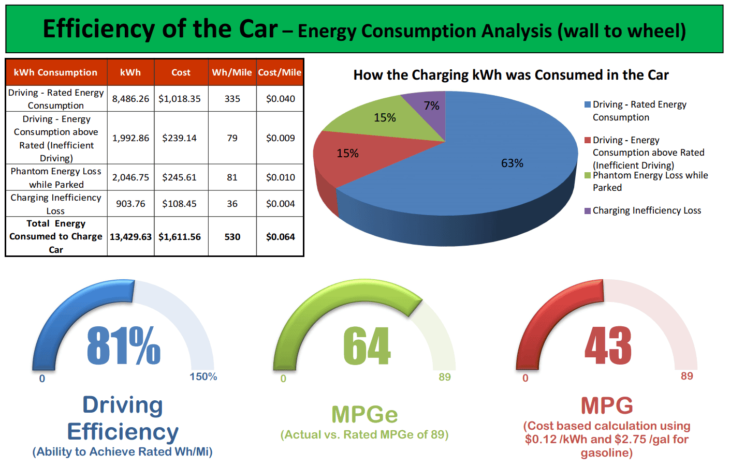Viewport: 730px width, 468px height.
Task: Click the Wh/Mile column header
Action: tap(232, 72)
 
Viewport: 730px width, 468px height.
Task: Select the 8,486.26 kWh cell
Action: tap(130, 99)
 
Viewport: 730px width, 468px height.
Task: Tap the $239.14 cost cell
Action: tap(179, 138)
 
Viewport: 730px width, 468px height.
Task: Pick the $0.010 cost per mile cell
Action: tap(280, 177)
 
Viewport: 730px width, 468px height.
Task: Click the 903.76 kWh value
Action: tap(130, 204)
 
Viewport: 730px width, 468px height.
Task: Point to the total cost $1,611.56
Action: tap(179, 237)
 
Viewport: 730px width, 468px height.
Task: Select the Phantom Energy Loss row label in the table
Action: tap(56, 178)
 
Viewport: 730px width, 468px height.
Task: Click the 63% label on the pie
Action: tap(512, 163)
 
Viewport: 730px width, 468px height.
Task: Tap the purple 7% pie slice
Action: tap(427, 111)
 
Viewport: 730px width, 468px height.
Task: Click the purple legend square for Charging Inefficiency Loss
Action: tap(588, 211)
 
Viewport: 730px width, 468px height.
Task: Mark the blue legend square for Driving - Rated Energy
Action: tap(588, 104)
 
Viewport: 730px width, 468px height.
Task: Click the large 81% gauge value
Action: tap(124, 345)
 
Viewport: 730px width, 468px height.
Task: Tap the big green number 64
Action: tap(367, 345)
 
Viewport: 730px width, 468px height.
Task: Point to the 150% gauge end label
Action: tap(203, 376)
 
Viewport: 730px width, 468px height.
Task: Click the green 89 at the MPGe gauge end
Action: tap(445, 377)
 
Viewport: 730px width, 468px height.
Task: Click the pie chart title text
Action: tap(511, 75)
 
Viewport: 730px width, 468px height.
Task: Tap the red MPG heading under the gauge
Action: tap(607, 405)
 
